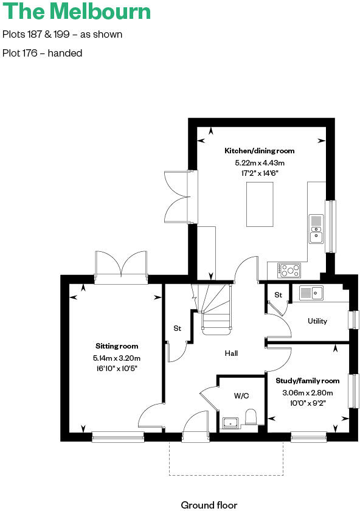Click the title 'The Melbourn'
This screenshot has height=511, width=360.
(x=77, y=12)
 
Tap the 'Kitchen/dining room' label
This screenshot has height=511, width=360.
(x=260, y=151)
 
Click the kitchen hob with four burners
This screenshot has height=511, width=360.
(x=288, y=268)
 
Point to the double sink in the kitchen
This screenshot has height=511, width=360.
(x=317, y=228)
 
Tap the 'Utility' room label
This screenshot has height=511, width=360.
(x=317, y=321)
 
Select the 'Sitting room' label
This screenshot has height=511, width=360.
(x=117, y=346)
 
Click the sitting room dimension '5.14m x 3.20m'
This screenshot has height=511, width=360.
(x=117, y=358)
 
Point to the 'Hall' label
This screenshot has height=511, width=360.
(x=231, y=353)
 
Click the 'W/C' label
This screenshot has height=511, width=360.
(x=241, y=395)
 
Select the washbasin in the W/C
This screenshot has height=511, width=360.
(x=230, y=422)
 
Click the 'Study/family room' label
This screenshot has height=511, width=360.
(x=307, y=381)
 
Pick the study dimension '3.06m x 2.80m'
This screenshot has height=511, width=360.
(x=307, y=392)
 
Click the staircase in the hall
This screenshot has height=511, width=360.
(x=216, y=307)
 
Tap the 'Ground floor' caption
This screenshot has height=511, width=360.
(x=209, y=504)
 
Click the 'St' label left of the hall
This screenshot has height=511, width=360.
(x=178, y=328)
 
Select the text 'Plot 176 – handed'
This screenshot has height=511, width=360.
(x=43, y=53)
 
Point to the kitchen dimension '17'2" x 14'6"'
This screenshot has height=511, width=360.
(x=260, y=173)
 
